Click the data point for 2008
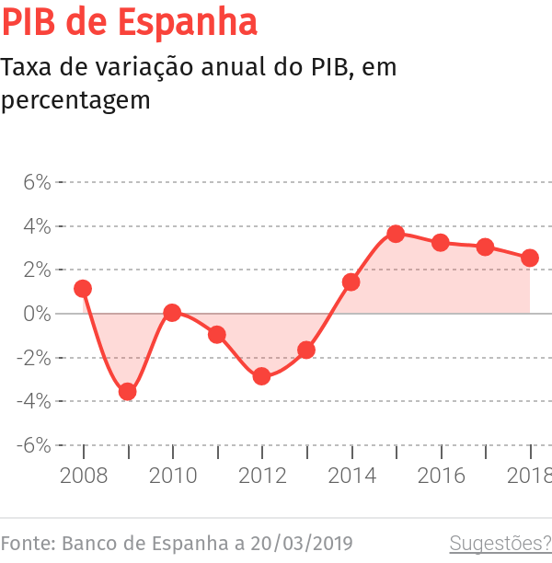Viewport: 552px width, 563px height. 83,289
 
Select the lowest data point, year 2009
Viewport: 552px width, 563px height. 128,392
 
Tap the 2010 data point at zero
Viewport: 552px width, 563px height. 172,313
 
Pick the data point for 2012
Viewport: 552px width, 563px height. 261,376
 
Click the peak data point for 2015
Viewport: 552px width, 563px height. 396,234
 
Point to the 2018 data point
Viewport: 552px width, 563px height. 530,258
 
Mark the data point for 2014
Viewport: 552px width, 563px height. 351,282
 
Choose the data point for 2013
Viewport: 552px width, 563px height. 306,350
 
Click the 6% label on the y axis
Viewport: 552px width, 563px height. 36,182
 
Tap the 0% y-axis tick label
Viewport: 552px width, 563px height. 36,314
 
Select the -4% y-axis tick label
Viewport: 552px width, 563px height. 32,401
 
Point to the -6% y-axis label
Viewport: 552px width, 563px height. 32,445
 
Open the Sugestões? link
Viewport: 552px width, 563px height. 500,544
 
